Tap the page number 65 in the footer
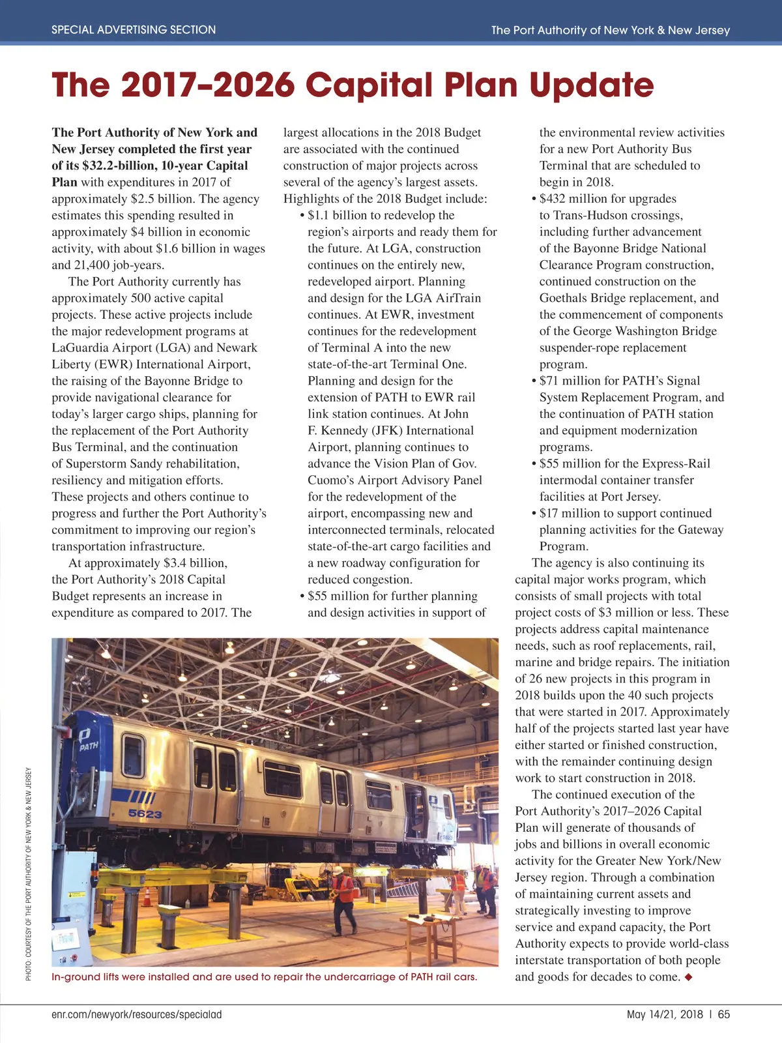point(724,1014)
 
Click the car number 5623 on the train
point(145,814)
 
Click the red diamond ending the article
point(689,977)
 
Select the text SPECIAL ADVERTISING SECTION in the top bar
point(134,30)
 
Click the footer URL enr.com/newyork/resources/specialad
point(137,1014)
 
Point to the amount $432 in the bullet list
point(553,199)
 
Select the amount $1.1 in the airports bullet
point(319,215)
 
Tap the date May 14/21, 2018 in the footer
point(665,1014)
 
